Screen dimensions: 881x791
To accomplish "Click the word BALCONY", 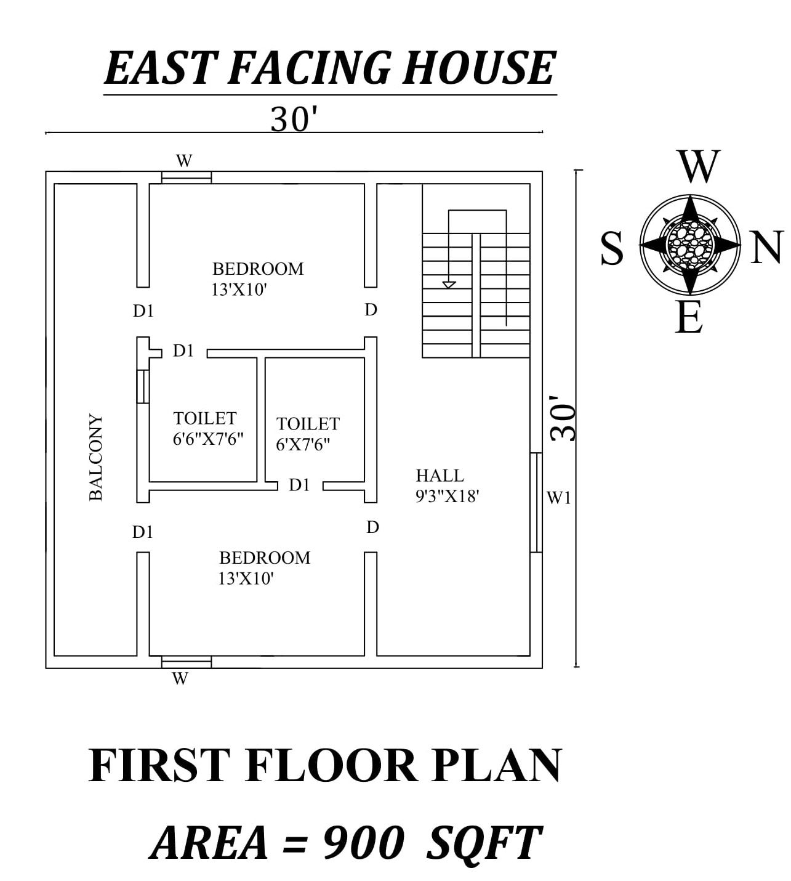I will point(96,457).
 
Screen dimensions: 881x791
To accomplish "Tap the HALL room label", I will point(440,476).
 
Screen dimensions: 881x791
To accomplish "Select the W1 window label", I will point(559,498).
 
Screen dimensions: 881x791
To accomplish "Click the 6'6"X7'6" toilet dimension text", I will point(209,439).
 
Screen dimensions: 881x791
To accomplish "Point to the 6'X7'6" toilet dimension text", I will point(303,444).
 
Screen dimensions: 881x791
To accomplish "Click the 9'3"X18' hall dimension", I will point(448,496).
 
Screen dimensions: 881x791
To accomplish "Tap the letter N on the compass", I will point(766,247).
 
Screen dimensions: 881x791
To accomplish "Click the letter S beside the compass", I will point(612,249).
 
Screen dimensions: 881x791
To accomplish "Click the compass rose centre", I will point(690,245).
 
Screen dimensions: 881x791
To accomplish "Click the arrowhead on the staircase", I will point(449,285).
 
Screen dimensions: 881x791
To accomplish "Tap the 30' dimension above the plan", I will point(293,120).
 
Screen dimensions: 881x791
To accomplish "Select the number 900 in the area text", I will point(363,843).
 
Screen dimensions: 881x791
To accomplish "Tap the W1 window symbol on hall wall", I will point(536,502).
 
